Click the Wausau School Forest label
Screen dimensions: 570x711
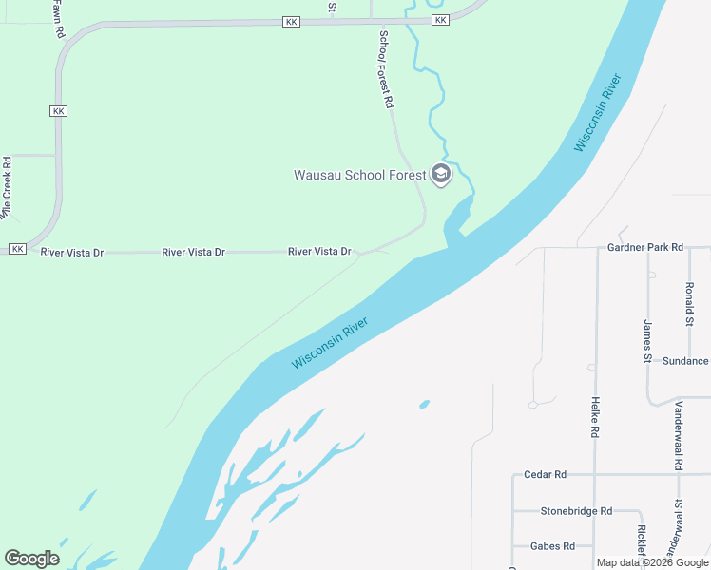click(359, 175)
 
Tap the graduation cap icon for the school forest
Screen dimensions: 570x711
click(440, 174)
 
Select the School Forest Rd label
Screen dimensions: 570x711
click(386, 69)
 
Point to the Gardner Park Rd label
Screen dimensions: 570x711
click(645, 247)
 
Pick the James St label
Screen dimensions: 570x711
click(646, 341)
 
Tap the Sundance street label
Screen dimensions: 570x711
click(685, 361)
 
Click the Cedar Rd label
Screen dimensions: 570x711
click(545, 474)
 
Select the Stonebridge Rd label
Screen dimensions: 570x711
click(576, 510)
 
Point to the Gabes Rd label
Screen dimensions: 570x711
click(554, 546)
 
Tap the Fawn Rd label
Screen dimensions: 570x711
click(59, 19)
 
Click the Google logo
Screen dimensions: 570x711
click(31, 559)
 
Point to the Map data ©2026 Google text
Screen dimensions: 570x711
click(652, 562)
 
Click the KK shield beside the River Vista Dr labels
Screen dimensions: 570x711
click(17, 249)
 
